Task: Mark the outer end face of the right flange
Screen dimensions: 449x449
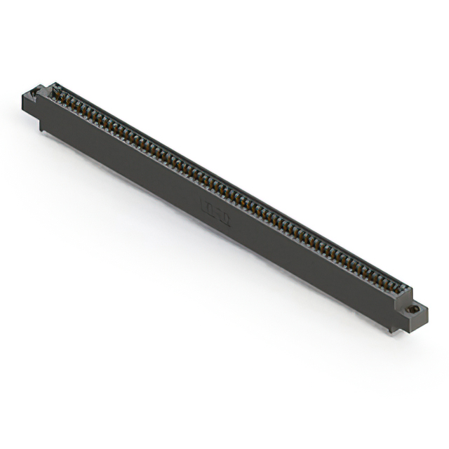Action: tap(420, 318)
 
